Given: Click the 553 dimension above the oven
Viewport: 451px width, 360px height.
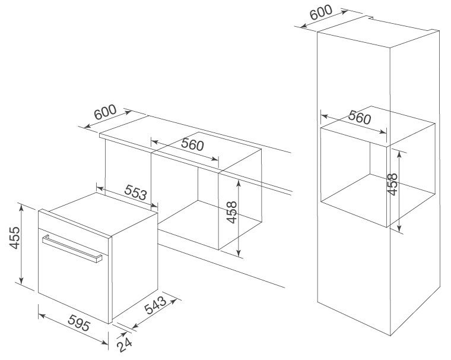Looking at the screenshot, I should tap(136, 194).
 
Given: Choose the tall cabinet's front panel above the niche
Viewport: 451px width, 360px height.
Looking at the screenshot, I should tap(353, 77).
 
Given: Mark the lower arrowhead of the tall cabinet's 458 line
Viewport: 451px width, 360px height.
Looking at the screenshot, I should tap(400, 229).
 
